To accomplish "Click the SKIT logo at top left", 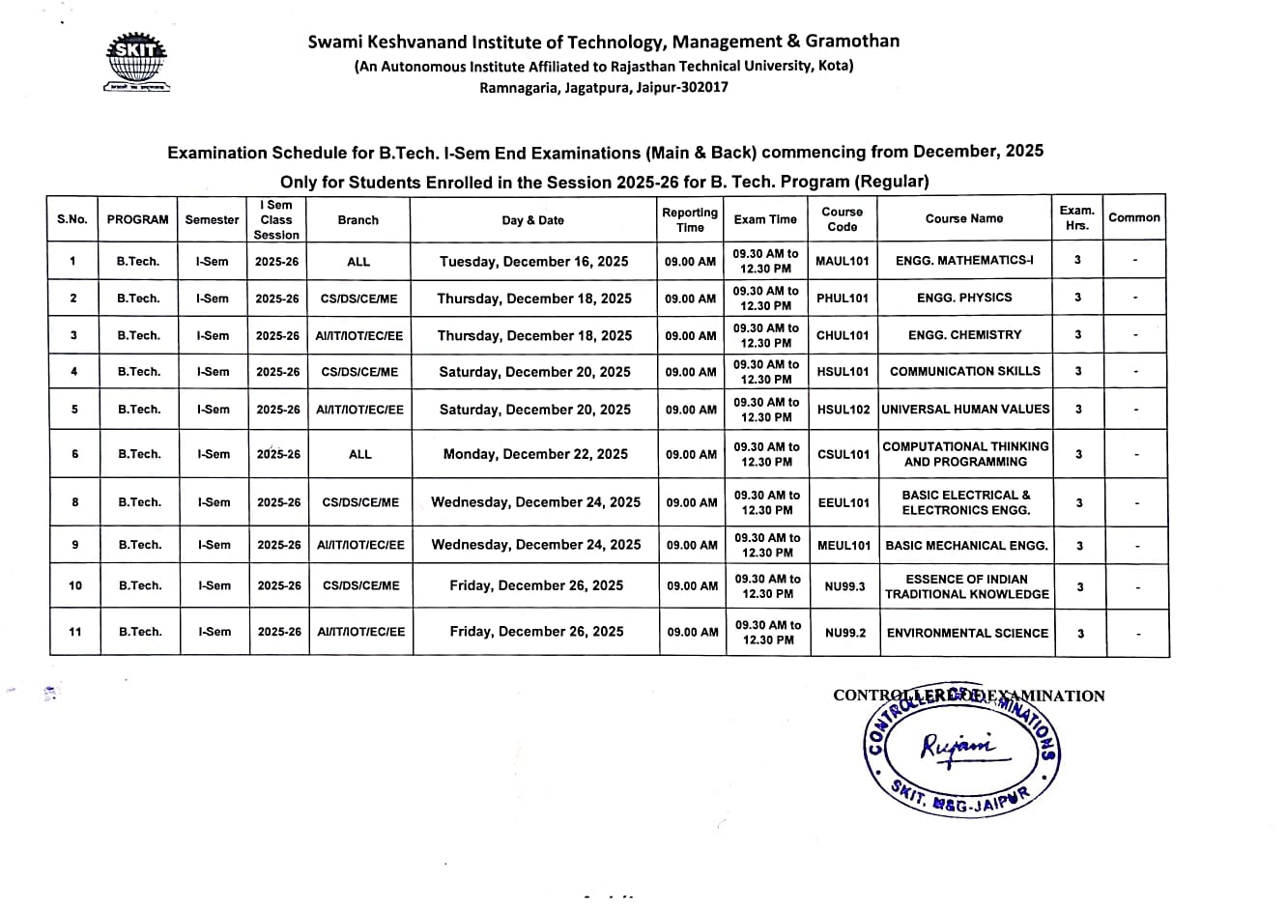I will [x=137, y=63].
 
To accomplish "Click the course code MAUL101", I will [x=843, y=261].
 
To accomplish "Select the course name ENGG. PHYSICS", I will [x=964, y=298].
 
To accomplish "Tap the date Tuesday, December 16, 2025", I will [x=533, y=261].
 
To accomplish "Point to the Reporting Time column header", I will [x=690, y=219].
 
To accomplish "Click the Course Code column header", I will [x=843, y=219].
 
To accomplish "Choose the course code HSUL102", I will [x=844, y=410].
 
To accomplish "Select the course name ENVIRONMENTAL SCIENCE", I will [x=967, y=633].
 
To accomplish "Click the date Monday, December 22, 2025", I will [x=535, y=454].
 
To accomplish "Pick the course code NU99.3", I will [x=845, y=586].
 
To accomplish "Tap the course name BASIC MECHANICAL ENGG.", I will [x=966, y=546].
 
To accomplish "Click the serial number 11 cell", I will [x=75, y=632].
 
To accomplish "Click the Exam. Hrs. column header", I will [x=1077, y=218].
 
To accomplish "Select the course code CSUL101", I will [x=844, y=454].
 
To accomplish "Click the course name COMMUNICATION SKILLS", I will [x=965, y=371].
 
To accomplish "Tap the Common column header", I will [x=1134, y=218].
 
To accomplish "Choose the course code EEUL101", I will [x=844, y=502].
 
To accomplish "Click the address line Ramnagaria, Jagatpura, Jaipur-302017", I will [x=604, y=87].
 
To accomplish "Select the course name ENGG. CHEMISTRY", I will [x=964, y=335].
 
